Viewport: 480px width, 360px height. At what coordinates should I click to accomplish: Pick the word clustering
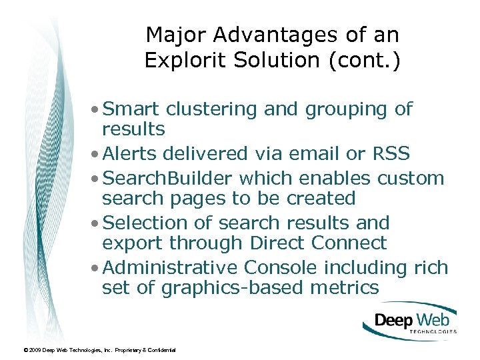pyautogui.click(x=212, y=109)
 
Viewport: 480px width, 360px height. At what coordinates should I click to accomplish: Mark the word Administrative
pyautogui.click(x=171, y=267)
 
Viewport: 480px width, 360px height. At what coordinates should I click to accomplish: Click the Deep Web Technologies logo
pyautogui.click(x=411, y=321)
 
